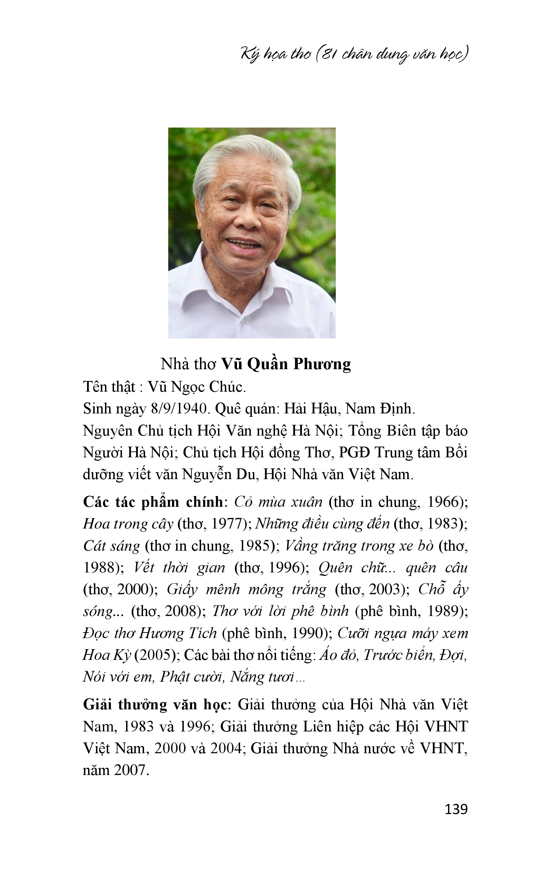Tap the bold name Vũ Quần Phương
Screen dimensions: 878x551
pyautogui.click(x=286, y=364)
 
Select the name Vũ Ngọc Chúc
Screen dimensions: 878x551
pyautogui.click(x=197, y=387)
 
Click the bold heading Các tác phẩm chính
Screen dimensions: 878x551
pyautogui.click(x=153, y=502)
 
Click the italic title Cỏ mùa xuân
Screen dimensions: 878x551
pyautogui.click(x=278, y=502)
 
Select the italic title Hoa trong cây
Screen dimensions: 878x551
pyautogui.click(x=128, y=524)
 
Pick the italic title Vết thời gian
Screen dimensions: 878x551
pyautogui.click(x=179, y=568)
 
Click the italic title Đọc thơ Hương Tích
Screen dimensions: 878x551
pyautogui.click(x=150, y=633)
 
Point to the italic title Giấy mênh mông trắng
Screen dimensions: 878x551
pyautogui.click(x=246, y=590)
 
